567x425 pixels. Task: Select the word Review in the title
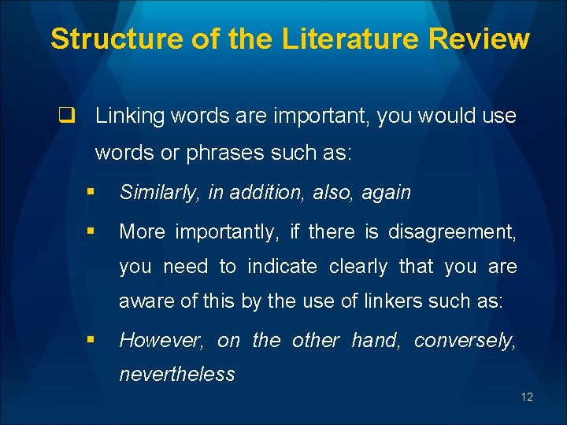click(484, 38)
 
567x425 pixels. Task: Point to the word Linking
click(128, 116)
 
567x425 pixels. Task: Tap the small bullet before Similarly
click(93, 191)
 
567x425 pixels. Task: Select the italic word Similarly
click(160, 193)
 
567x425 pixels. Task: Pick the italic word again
click(386, 193)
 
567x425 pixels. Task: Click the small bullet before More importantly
click(93, 231)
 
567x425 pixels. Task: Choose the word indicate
click(283, 267)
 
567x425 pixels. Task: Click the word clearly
click(358, 267)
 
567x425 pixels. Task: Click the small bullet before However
click(93, 339)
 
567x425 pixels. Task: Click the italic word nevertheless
click(176, 375)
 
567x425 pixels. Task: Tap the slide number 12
click(527, 397)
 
